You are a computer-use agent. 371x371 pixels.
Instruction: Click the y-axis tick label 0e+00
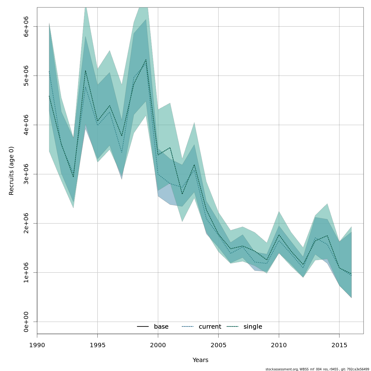pos(26,322)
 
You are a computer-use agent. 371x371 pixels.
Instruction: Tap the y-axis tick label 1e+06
pos(26,272)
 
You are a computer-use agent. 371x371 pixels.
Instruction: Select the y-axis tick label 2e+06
pos(26,223)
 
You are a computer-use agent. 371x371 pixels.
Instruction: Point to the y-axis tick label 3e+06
pos(26,174)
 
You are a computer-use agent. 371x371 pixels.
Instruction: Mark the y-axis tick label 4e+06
pos(26,125)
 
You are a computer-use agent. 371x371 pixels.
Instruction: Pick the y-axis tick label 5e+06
pos(26,76)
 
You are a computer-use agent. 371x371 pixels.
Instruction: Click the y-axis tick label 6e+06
pos(26,27)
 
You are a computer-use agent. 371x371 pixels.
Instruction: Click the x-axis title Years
pos(200,360)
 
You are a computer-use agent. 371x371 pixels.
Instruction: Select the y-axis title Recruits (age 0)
pos(11,171)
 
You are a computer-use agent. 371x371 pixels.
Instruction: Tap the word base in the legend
pos(161,327)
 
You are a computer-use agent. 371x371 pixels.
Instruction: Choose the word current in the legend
pos(210,327)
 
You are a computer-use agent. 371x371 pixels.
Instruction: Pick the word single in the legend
pos(253,327)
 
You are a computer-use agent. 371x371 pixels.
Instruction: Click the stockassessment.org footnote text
pos(317,369)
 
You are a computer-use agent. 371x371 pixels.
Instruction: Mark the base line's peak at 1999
pos(146,59)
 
